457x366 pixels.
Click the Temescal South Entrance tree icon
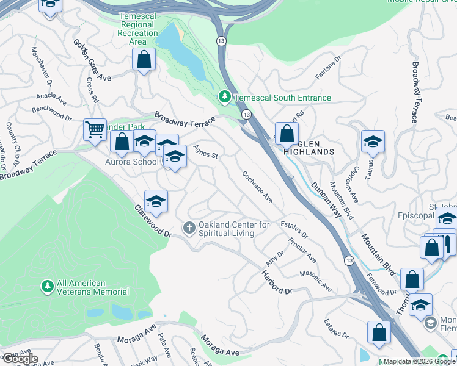tap(225, 98)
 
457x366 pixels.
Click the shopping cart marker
tap(95, 129)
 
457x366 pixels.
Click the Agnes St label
tap(206, 151)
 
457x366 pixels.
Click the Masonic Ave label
tap(316, 279)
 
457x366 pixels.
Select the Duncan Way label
tap(325, 199)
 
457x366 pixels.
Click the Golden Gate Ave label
tap(92, 60)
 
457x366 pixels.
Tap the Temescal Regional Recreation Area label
tap(138, 29)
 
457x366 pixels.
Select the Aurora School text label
tap(131, 162)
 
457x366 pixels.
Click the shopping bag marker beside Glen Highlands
tap(286, 133)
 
